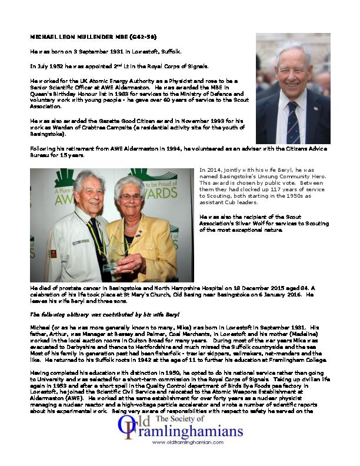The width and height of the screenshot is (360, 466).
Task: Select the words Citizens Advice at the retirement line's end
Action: (x=300, y=149)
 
